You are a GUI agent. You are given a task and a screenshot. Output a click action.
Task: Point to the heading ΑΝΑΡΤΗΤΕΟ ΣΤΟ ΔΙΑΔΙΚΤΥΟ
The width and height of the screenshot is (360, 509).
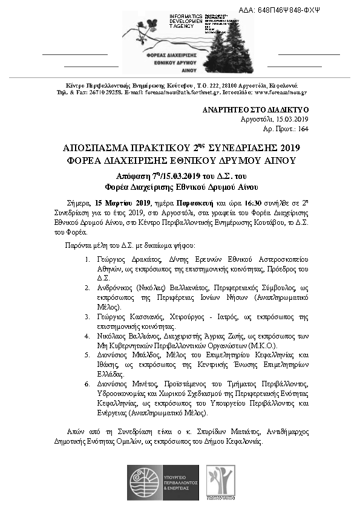click(256, 111)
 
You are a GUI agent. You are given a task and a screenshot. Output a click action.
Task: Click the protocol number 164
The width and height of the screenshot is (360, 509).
click(303, 129)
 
